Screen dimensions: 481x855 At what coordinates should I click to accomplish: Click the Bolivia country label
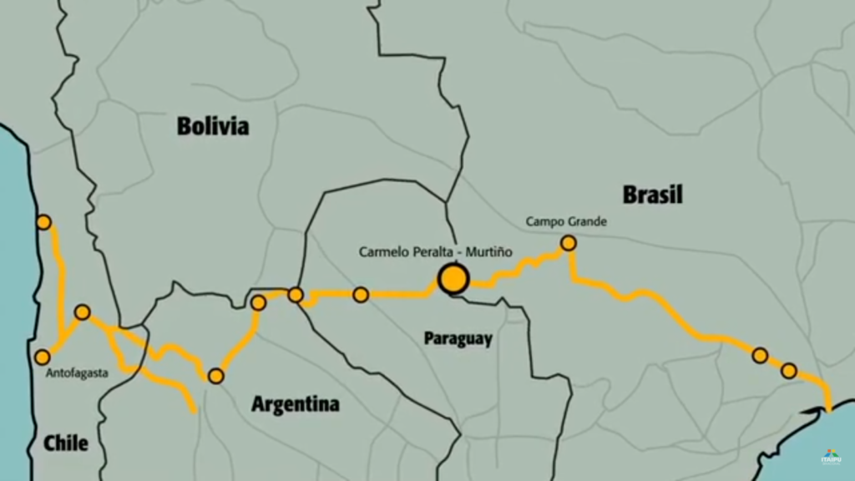click(213, 126)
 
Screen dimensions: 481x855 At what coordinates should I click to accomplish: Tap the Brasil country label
click(652, 195)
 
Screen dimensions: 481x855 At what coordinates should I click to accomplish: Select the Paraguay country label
click(458, 338)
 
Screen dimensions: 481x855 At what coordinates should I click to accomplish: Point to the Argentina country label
click(296, 404)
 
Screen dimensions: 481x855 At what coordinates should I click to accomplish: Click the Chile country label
click(66, 443)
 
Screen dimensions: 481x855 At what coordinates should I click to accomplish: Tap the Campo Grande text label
click(566, 222)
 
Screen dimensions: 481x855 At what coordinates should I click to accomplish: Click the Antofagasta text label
click(77, 373)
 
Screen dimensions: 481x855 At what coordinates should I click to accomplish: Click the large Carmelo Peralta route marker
click(453, 279)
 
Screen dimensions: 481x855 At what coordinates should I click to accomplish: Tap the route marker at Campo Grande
click(568, 243)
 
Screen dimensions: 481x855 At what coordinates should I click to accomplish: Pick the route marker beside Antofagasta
click(43, 357)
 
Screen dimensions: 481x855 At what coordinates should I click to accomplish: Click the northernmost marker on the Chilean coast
click(43, 222)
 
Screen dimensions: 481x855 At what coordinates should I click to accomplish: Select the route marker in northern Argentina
click(215, 376)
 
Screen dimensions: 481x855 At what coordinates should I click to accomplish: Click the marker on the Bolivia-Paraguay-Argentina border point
click(296, 295)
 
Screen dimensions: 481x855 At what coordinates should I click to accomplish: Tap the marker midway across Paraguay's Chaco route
click(361, 294)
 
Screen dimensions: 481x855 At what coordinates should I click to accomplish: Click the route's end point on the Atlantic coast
click(828, 408)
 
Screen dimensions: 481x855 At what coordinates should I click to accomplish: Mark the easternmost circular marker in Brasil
click(789, 370)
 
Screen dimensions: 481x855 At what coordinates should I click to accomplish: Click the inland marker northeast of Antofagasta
click(82, 312)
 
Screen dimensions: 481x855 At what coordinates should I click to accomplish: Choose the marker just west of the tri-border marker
click(258, 302)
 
